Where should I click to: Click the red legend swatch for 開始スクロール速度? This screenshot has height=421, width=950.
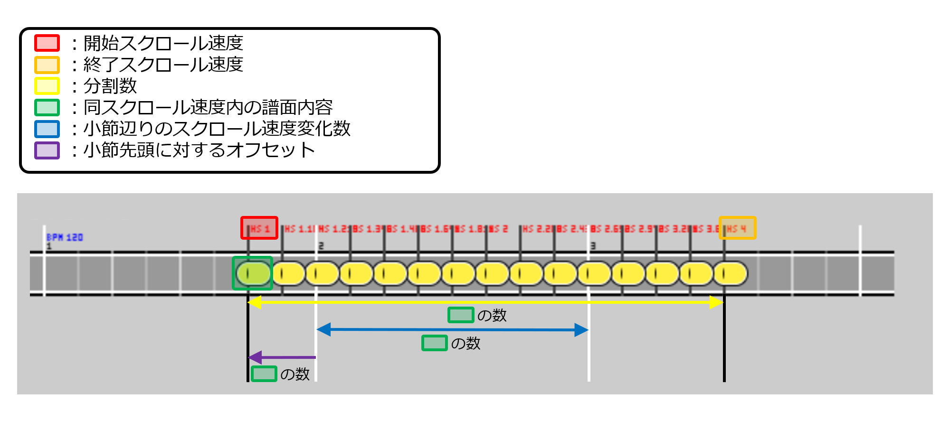pos(47,43)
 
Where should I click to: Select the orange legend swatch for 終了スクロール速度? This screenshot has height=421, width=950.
pos(47,65)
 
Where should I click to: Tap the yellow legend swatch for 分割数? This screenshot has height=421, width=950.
pos(47,86)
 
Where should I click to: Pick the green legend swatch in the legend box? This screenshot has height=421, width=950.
pos(47,108)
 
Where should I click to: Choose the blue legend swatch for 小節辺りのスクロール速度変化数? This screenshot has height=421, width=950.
pos(47,129)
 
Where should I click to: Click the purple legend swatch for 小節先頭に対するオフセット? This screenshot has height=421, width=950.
pos(47,150)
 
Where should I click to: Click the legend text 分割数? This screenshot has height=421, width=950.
pos(110,86)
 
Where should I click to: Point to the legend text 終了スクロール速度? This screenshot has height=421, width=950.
pos(163,65)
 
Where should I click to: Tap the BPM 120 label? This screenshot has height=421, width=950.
pos(65,237)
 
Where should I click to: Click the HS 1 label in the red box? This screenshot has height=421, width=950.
pos(259,228)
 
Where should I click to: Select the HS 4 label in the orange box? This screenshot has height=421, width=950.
pos(737,228)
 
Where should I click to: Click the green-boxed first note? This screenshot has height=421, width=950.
pos(252,273)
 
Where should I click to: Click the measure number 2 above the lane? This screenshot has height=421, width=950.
pos(321,246)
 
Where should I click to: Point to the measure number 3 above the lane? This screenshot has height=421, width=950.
pos(593,246)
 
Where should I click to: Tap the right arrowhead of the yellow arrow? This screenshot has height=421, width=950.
pos(716,302)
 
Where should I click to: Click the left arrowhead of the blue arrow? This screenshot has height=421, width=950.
pos(324,329)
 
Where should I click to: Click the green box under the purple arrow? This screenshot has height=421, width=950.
pos(264,374)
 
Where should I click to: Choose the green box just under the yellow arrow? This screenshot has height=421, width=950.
pos(461,315)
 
